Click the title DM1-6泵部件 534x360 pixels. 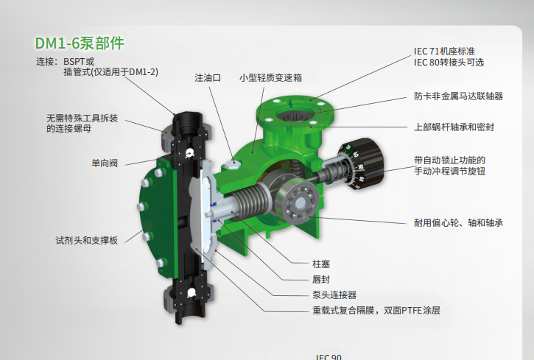[x=80, y=43]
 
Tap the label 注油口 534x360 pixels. [x=208, y=78]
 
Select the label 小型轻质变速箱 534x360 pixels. [x=270, y=78]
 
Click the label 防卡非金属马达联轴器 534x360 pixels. [x=458, y=96]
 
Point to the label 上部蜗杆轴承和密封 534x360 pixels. [x=454, y=127]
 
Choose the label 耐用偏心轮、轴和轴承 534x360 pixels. [x=458, y=223]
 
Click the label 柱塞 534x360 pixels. [x=321, y=264]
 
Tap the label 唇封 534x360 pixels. [x=321, y=279]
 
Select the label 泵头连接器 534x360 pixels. [x=334, y=295]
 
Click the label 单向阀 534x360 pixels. [x=105, y=163]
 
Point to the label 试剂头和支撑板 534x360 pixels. [x=87, y=241]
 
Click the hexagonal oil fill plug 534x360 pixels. [x=231, y=164]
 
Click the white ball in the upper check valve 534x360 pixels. [x=189, y=153]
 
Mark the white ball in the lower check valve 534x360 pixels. [x=192, y=292]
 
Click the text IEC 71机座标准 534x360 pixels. [x=444, y=52]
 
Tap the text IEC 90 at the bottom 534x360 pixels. [x=329, y=356]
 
